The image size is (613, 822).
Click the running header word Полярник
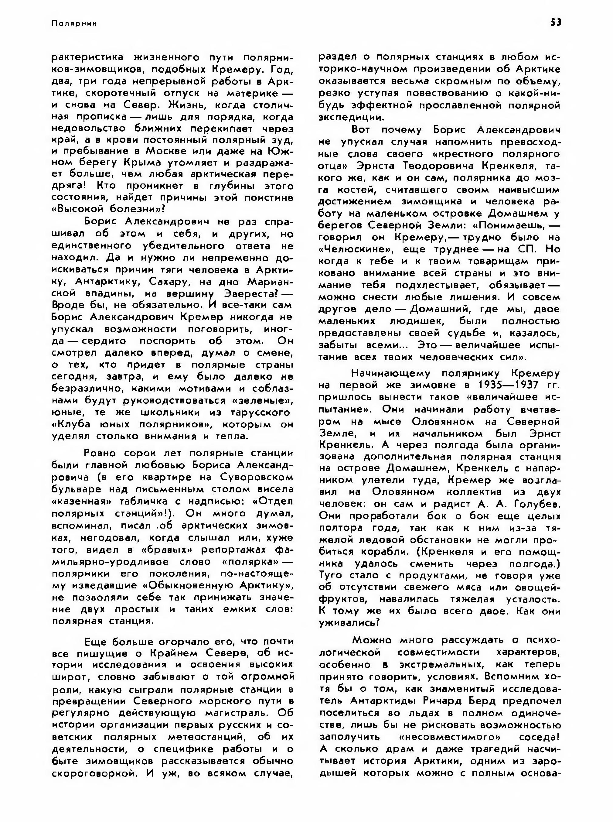point(74,23)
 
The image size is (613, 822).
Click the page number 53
point(556,23)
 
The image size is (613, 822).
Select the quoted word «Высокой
point(77,209)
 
